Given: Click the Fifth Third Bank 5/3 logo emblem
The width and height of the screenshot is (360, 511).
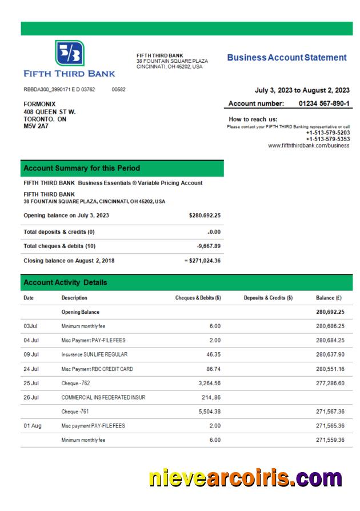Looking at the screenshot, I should (69, 53).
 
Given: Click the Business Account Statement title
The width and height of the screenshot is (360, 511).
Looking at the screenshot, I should (286, 58).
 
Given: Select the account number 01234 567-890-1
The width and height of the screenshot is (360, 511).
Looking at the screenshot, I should (324, 103).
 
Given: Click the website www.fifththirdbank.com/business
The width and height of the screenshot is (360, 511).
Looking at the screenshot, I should (309, 145).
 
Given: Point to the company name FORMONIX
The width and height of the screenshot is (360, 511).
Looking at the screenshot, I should (39, 104).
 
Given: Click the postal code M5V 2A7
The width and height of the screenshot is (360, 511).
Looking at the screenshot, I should (36, 126).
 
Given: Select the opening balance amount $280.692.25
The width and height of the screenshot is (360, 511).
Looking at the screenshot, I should (204, 215).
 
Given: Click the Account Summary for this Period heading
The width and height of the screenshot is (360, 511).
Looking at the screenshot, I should (81, 169).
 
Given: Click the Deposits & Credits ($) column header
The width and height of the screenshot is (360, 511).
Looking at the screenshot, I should (268, 298).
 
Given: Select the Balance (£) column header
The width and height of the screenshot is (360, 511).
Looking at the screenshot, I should (330, 298).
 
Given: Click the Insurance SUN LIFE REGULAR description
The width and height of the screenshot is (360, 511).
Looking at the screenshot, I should (94, 355).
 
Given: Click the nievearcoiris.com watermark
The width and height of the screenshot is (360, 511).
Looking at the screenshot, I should (245, 477).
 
